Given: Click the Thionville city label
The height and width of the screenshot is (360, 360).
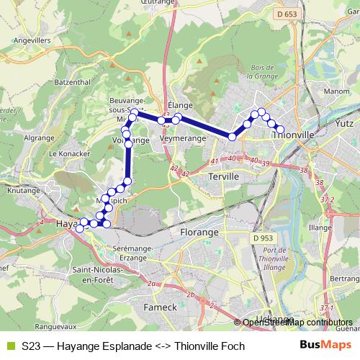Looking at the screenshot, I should pos(294,134).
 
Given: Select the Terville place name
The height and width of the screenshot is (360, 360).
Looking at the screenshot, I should pos(222,176).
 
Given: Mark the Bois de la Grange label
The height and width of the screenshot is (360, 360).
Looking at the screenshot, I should pos(263,71).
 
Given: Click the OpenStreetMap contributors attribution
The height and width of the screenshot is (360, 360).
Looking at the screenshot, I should pos(297,322).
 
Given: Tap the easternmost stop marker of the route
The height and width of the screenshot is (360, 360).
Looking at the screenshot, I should pos(281,129).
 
